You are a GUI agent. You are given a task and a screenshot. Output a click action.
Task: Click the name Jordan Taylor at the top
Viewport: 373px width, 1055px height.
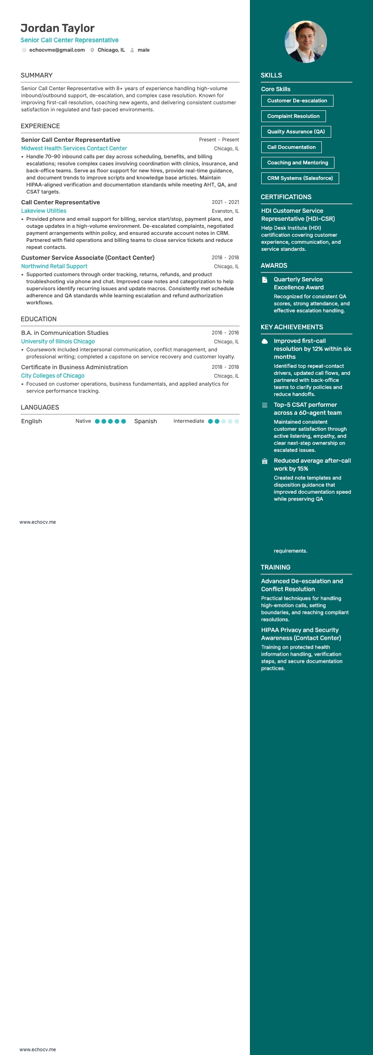57,28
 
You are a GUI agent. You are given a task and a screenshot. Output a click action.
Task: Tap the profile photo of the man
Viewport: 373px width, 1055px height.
306,42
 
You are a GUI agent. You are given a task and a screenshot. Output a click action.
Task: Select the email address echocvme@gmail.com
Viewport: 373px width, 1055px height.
57,50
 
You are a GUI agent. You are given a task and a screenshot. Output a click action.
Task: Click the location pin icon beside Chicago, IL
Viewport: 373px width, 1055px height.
93,50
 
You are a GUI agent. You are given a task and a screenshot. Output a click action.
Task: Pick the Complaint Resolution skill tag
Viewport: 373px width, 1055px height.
293,116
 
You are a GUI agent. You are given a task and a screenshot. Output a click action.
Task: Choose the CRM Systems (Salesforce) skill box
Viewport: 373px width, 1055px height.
300,178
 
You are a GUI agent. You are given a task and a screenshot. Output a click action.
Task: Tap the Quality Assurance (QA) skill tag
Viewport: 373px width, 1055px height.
296,132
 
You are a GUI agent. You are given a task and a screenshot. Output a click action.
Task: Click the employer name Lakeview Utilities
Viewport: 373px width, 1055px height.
44,211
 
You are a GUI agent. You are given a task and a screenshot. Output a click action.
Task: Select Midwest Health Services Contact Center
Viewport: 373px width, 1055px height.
74,148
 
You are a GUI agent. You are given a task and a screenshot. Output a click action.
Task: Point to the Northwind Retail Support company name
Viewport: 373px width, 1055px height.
54,266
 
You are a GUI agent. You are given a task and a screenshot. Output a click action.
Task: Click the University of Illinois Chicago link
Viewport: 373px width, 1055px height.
58,341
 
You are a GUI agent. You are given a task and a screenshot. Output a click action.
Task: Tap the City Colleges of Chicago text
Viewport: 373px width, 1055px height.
53,376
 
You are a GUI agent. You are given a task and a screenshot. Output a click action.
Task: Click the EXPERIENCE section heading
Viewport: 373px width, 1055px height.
40,126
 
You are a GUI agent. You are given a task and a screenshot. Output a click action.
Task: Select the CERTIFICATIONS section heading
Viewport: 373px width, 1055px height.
286,197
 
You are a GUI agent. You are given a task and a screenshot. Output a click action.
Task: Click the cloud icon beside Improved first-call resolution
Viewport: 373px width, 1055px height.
264,341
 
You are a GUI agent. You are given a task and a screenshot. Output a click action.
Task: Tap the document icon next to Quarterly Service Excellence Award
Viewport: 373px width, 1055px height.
264,280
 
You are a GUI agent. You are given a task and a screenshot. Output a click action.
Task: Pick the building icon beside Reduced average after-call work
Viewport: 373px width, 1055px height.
264,461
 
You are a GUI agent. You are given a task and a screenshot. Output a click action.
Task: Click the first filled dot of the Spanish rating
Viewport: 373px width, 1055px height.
210,421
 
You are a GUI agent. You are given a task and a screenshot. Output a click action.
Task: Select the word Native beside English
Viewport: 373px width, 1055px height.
83,421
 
